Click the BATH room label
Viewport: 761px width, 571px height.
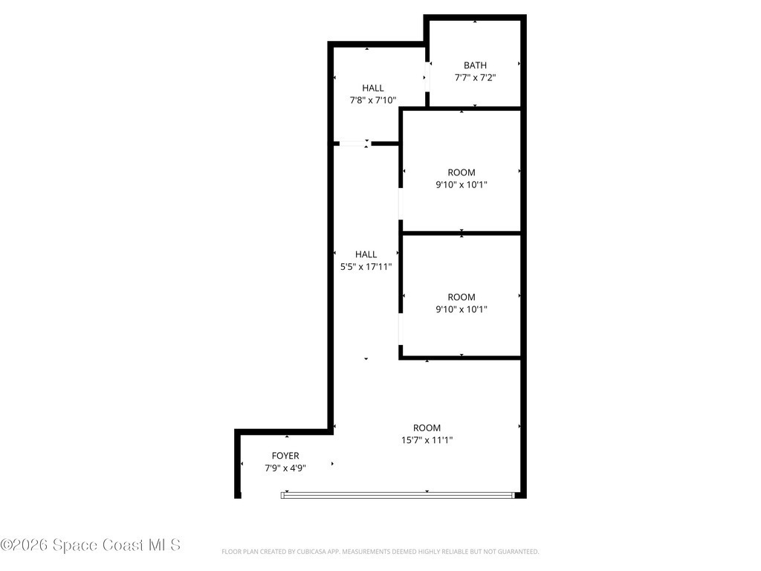(475, 65)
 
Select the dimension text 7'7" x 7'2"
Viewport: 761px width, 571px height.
(475, 77)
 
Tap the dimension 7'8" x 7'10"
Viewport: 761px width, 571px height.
(373, 100)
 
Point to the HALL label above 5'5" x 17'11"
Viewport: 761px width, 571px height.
(366, 254)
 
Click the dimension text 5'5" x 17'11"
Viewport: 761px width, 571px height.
(366, 267)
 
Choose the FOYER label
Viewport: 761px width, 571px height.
(285, 456)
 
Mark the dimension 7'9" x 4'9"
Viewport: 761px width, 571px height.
(285, 468)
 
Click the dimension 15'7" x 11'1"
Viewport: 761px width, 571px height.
(427, 440)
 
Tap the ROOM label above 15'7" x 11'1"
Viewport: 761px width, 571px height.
(427, 428)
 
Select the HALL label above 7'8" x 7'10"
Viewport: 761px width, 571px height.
(373, 88)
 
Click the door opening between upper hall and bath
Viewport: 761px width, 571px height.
(427, 77)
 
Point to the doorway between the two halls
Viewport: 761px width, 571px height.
(354, 143)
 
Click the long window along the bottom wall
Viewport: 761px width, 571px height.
(398, 495)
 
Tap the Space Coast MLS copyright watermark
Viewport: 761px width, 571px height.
(90, 545)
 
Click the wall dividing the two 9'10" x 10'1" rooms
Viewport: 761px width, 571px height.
(461, 233)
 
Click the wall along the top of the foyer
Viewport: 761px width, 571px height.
(285, 432)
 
